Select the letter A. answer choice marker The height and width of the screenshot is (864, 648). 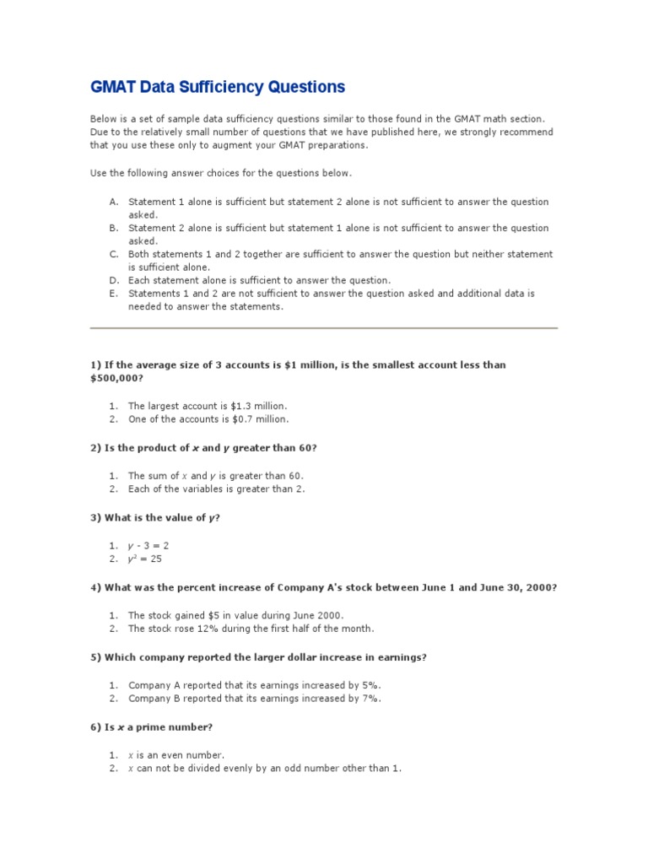(113, 202)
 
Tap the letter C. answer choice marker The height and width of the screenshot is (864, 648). (113, 254)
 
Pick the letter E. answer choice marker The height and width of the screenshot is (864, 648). (113, 294)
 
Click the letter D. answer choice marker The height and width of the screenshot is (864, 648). (113, 280)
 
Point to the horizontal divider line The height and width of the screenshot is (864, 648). (324, 327)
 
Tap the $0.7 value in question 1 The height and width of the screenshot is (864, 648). (229, 418)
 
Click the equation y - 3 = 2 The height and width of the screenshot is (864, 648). (148, 546)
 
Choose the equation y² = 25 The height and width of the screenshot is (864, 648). (145, 559)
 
